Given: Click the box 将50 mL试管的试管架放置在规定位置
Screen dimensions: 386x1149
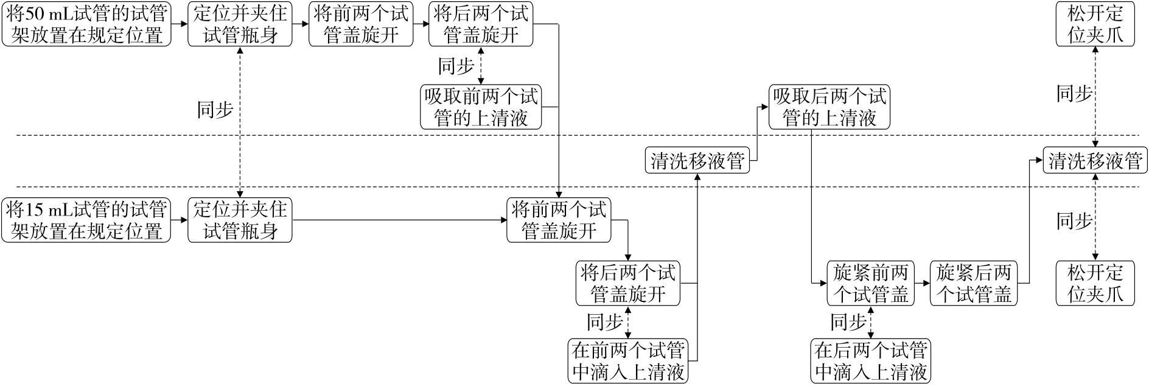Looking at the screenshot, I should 86,24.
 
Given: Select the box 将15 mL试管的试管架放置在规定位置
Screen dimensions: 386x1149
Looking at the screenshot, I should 86,220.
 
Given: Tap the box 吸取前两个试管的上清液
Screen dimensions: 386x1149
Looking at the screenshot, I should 481,107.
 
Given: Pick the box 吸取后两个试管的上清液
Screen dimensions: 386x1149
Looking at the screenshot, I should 829,107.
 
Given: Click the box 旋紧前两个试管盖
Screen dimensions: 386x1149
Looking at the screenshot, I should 870,284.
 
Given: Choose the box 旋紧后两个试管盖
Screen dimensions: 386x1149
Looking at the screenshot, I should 974,284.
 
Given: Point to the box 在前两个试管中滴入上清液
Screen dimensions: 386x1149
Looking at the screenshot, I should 628,361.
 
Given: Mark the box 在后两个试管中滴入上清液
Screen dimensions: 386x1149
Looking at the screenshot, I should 870,361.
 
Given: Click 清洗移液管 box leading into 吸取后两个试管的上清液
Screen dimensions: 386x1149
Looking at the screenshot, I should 697,161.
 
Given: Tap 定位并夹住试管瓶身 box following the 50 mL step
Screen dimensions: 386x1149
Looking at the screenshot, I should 240,24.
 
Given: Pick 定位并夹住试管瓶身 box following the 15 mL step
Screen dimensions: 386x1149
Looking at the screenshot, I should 240,220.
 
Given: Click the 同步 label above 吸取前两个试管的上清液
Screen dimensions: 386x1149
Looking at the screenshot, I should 456,66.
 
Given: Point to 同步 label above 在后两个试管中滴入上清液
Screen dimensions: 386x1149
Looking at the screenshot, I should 848,322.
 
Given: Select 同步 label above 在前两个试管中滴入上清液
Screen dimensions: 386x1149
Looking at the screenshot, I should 604,322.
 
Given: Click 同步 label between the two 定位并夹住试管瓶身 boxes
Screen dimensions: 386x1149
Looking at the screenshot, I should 215,110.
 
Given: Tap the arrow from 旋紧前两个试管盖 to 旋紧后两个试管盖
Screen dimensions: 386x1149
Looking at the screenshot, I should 922,284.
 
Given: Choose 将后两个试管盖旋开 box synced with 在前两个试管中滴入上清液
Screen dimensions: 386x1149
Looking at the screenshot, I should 628,284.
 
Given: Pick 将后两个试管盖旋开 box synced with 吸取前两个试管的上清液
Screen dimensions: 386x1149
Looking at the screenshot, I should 481,24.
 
